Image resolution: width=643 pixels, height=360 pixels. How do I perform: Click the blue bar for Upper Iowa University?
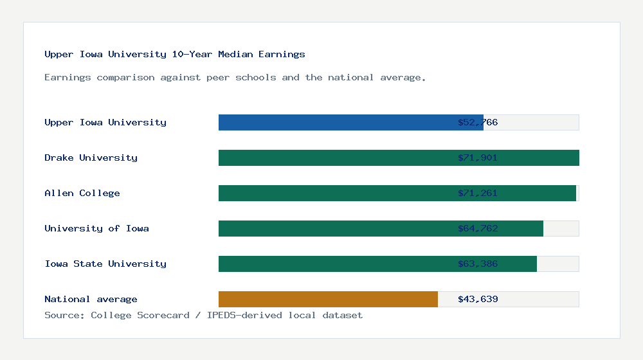[x=350, y=122]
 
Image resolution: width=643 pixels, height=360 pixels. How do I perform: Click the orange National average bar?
[x=328, y=299]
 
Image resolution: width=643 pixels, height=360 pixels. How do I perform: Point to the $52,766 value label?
[x=478, y=122]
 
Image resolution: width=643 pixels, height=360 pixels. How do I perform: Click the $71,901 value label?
[x=478, y=157]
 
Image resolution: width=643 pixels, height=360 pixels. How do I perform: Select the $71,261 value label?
[x=478, y=193]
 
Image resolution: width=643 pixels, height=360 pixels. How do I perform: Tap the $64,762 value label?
[x=478, y=228]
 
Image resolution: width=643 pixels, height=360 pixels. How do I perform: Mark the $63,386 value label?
[x=478, y=264]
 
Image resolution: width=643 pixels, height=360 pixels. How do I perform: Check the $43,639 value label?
[x=478, y=299]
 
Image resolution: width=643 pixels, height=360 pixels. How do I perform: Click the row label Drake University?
[x=91, y=157]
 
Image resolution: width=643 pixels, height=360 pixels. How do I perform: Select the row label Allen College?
[x=82, y=193]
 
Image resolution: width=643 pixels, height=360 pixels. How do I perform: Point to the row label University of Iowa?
[x=96, y=228]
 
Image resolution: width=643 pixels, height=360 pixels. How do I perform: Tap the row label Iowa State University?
[x=105, y=264]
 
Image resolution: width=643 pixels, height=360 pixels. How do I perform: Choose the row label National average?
[x=91, y=299]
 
